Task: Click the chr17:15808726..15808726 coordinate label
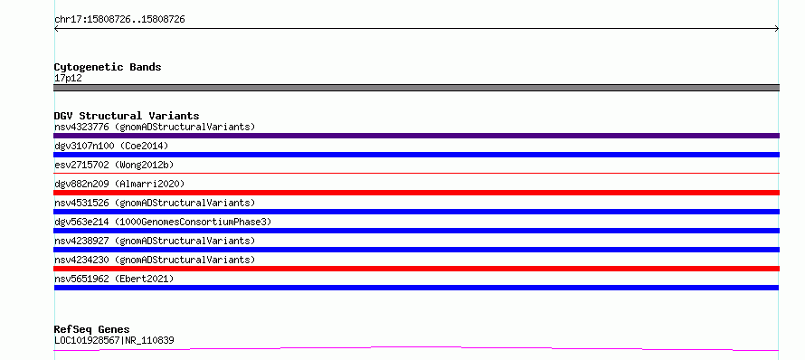119,20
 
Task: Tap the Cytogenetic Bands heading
108,67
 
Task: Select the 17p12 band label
68,79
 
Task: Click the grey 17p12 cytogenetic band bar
416,88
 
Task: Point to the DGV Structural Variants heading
127,116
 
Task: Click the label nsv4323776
81,127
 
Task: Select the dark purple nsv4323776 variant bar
416,136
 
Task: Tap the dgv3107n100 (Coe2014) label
111,146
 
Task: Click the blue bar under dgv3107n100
416,155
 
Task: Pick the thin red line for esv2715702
416,174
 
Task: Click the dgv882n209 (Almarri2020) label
119,184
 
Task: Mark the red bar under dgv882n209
416,193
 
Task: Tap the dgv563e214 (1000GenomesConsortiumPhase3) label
163,222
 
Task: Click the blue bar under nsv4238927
416,250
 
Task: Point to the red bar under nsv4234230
416,269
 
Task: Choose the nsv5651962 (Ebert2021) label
114,279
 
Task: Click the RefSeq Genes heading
92,329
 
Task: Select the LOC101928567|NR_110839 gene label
114,340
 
